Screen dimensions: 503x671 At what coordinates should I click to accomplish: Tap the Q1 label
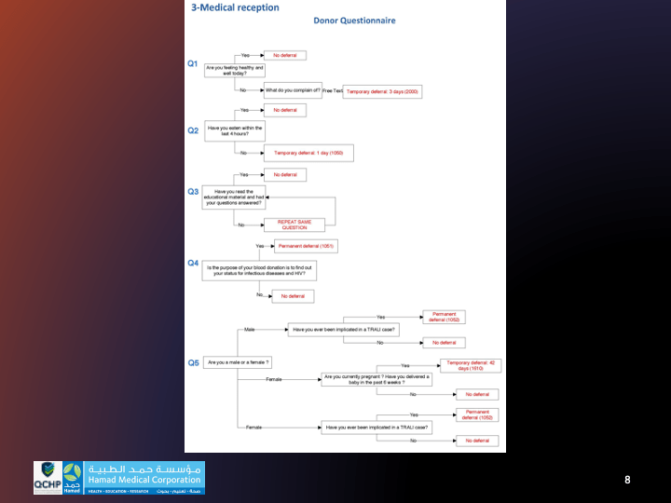193,64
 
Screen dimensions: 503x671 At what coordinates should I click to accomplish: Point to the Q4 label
193,263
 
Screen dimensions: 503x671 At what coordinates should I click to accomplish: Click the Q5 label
193,362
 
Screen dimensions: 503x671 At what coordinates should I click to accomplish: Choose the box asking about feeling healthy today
235,70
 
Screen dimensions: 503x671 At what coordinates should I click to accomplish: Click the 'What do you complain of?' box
293,91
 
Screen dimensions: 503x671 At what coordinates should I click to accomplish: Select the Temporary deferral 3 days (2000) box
384,91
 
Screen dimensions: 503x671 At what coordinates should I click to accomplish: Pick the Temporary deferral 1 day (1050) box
308,152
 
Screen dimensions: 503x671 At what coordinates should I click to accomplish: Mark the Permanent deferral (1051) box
306,246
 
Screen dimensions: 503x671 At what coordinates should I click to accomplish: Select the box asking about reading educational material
234,197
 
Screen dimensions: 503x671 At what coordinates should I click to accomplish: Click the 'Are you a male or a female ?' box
238,361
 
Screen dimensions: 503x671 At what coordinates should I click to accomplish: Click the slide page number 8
627,480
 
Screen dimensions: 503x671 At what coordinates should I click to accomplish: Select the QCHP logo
48,478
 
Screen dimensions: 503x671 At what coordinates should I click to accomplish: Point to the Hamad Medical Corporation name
144,480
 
